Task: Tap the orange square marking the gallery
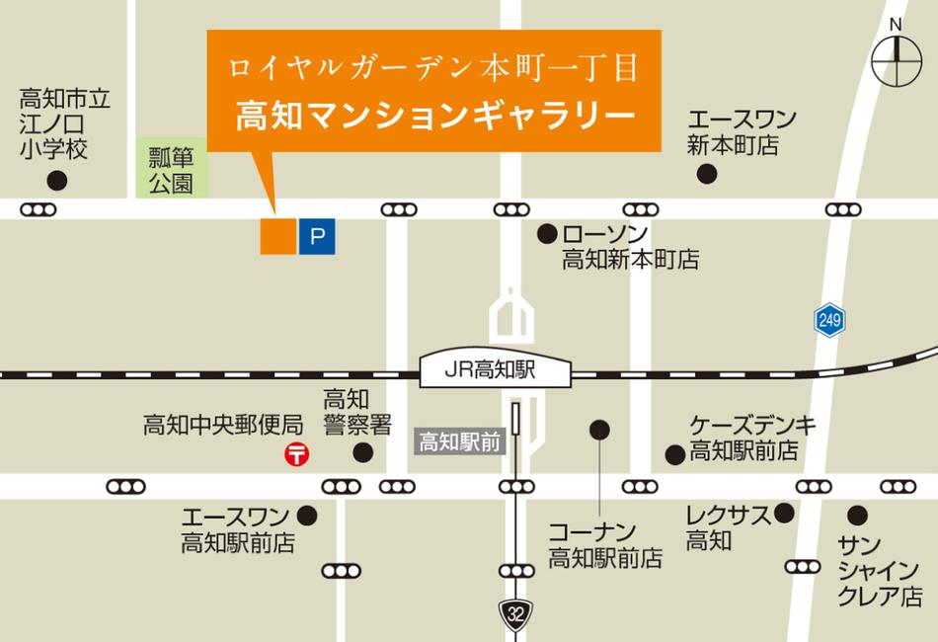pyautogui.click(x=277, y=236)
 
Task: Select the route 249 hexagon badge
pyautogui.click(x=829, y=319)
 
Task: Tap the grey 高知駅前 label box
pyautogui.click(x=459, y=441)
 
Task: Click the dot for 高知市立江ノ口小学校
pyautogui.click(x=57, y=180)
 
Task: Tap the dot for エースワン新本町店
pyautogui.click(x=707, y=174)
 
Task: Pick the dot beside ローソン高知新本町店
pyautogui.click(x=545, y=234)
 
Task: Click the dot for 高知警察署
pyautogui.click(x=363, y=452)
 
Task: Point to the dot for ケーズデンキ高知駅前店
pyautogui.click(x=674, y=454)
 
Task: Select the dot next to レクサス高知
pyautogui.click(x=785, y=513)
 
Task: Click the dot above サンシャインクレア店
pyautogui.click(x=856, y=515)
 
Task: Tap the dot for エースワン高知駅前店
pyautogui.click(x=307, y=515)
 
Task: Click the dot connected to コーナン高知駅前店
pyautogui.click(x=599, y=430)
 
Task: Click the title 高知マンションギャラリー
pyautogui.click(x=434, y=113)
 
